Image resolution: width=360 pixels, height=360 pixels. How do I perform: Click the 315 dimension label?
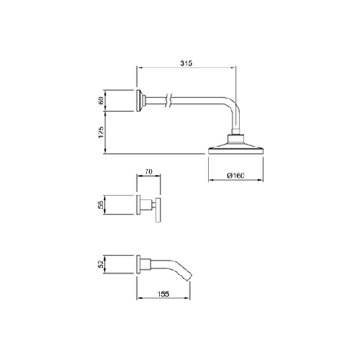[x=186, y=63]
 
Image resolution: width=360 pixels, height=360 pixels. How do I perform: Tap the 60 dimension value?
[x=101, y=100]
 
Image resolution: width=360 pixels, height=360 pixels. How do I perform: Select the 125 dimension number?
[x=101, y=132]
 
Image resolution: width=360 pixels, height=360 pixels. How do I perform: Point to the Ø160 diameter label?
[x=235, y=176]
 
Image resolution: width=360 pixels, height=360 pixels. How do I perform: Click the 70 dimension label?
[x=148, y=171]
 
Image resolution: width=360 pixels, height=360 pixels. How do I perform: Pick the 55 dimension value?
[x=101, y=204]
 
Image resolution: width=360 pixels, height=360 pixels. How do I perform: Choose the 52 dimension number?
[x=101, y=264]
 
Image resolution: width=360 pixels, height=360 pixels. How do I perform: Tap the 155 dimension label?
[x=163, y=294]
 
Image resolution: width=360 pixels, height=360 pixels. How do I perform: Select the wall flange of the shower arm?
[x=139, y=100]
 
